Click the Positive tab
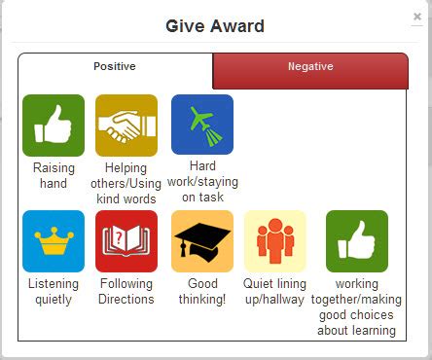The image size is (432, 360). point(115,67)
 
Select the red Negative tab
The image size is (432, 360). point(310,67)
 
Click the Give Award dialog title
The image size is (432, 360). point(215,25)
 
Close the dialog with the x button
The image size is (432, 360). point(417,17)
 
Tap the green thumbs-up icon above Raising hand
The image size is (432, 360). point(54,126)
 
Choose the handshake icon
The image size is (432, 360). point(126,126)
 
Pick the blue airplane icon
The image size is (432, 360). point(202,126)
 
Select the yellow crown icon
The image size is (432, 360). point(54,241)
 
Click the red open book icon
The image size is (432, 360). point(126,241)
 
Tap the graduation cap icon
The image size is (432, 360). point(202,241)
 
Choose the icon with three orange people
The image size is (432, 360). point(275,241)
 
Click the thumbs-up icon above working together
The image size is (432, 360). point(357,241)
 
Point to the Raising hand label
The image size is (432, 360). point(54,176)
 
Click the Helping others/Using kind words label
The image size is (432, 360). point(126,184)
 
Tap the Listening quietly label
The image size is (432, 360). point(53,292)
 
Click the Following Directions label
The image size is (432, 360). point(126,292)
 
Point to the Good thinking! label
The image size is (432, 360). point(202,292)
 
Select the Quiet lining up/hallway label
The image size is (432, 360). point(275,292)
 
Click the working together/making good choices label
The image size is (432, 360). point(357,307)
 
